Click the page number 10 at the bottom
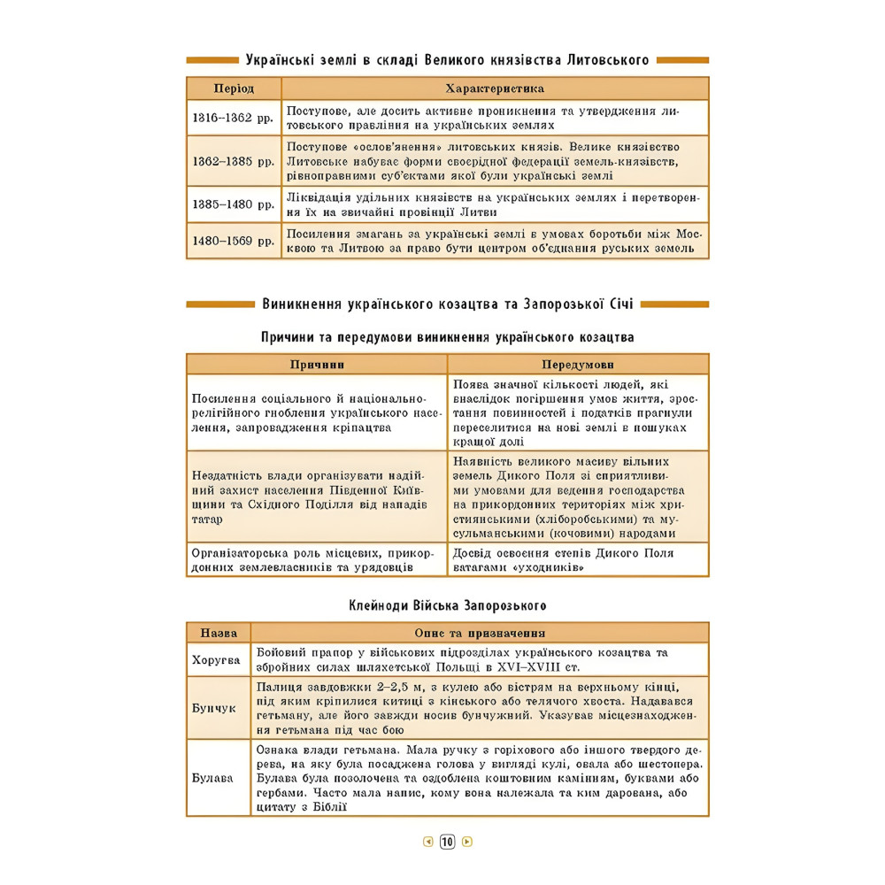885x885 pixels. (447, 842)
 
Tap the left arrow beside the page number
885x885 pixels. (428, 842)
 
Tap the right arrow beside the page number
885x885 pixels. (467, 842)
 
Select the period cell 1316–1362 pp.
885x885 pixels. (234, 118)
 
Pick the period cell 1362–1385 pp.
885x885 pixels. (234, 161)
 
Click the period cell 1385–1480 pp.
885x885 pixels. (234, 204)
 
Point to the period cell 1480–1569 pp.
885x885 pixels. (234, 240)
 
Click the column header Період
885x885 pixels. (234, 88)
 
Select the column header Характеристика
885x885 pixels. (495, 88)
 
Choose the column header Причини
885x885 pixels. (317, 365)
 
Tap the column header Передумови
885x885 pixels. (578, 365)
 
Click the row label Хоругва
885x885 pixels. (217, 659)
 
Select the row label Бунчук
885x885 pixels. (214, 708)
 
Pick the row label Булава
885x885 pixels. (213, 778)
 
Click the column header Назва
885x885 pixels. (218, 633)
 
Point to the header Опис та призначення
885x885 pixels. (480, 633)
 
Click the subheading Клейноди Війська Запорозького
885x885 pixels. (447, 606)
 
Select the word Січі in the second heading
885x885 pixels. (619, 304)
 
